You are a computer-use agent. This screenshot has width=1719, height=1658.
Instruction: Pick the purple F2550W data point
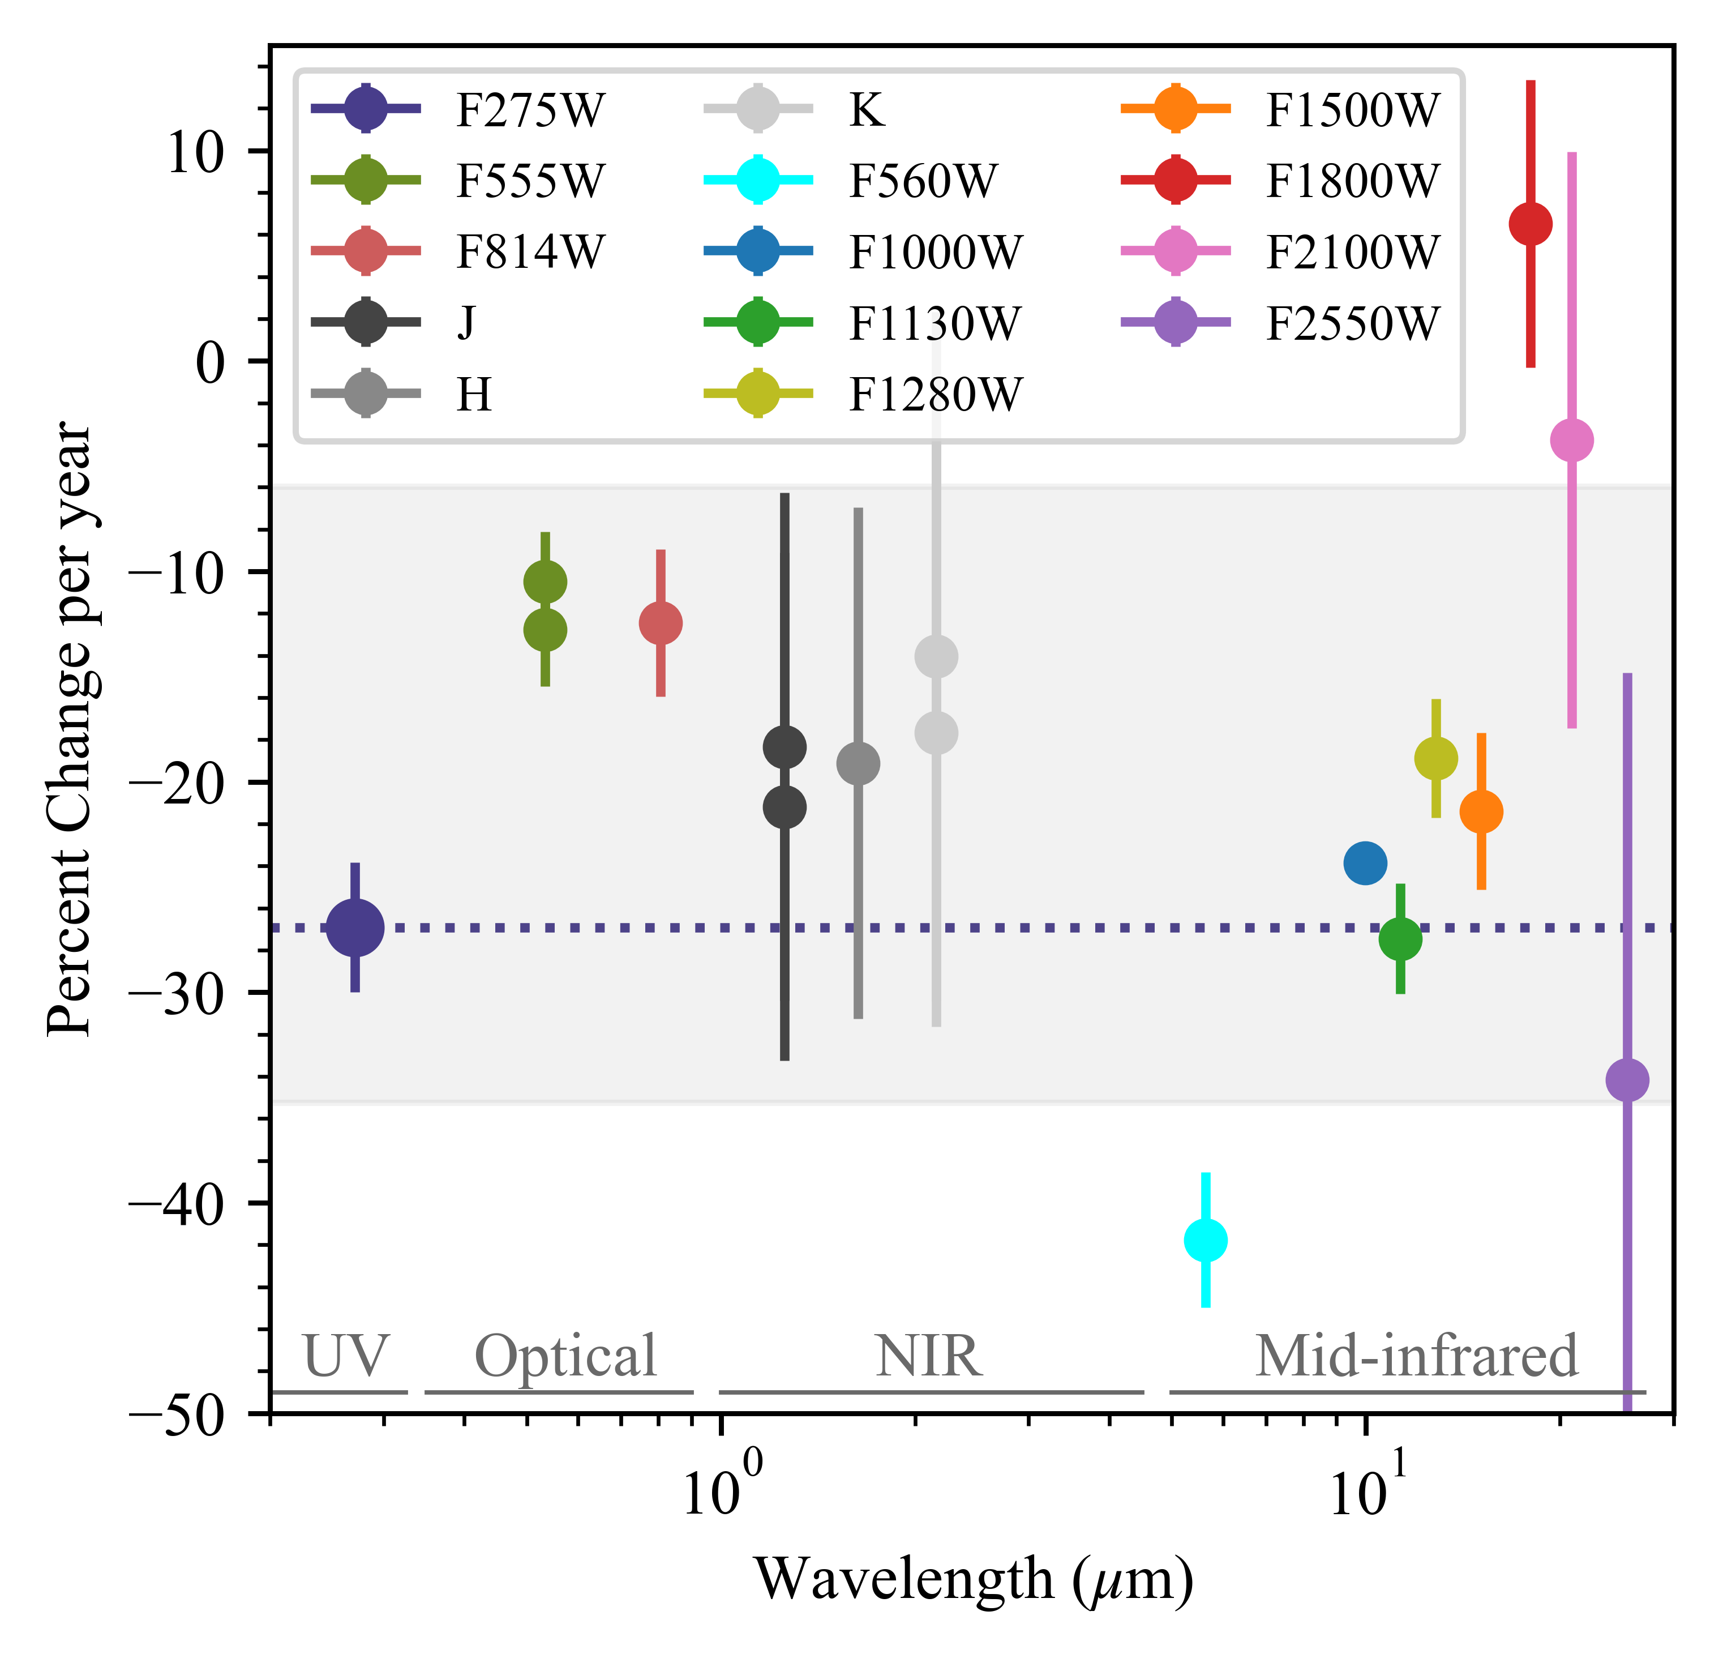(x=1627, y=1080)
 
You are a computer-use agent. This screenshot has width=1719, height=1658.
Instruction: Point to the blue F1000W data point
(x=1365, y=863)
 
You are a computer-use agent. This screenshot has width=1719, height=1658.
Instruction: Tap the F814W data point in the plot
(x=661, y=623)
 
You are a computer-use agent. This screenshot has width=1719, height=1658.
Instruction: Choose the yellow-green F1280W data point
(x=1436, y=758)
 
